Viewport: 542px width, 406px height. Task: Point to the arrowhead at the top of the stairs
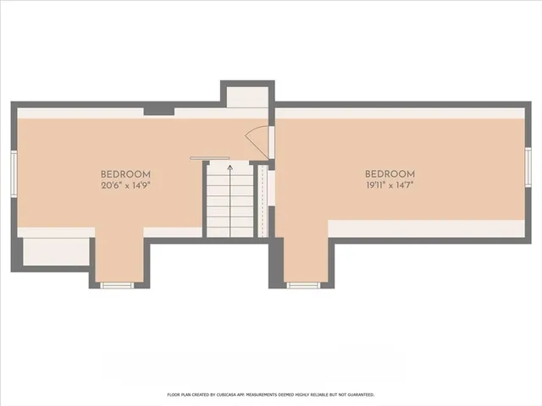(230, 167)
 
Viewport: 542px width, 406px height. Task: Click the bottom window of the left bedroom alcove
(118, 285)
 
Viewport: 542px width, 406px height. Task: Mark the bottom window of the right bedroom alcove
(303, 285)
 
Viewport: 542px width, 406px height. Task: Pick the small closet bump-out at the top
(247, 96)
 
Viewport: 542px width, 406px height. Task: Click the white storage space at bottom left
(55, 252)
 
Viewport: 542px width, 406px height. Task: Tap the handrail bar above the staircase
(209, 158)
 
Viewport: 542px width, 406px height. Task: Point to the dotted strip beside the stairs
(262, 201)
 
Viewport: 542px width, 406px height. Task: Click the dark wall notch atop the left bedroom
(154, 110)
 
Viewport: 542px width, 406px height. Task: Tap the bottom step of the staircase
(230, 232)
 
